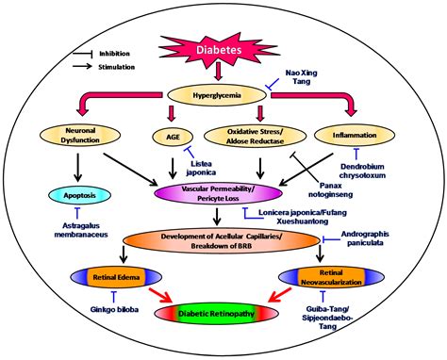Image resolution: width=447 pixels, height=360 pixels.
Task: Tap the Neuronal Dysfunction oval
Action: tap(83, 134)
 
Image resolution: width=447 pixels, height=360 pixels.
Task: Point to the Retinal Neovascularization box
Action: tap(327, 279)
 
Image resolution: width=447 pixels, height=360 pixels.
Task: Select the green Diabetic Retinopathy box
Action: tap(222, 312)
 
